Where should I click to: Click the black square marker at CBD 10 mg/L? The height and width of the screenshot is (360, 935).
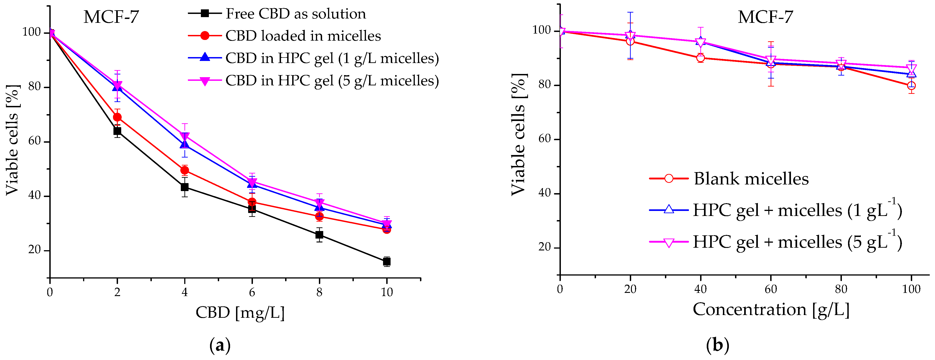[386, 261]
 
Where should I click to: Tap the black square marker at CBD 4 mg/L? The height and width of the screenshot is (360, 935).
[184, 187]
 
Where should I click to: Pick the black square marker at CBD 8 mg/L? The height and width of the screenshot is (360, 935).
[319, 235]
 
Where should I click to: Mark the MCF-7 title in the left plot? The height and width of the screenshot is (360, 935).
[111, 17]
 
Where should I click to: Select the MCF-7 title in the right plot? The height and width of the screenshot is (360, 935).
[765, 17]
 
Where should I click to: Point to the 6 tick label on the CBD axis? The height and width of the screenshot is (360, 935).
[252, 292]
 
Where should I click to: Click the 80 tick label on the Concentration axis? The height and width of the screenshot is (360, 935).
[841, 289]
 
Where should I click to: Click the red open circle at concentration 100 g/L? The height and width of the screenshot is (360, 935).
[911, 86]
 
